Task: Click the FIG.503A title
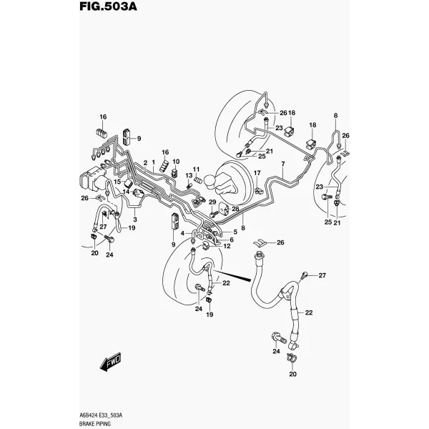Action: coord(108,6)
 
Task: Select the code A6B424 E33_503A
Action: coord(101,416)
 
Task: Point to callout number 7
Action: coord(283,164)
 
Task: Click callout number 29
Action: coord(212,202)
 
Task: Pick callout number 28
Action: coord(235,209)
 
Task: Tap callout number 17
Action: coord(257,173)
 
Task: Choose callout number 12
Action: coord(227,246)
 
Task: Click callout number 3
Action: coord(135,220)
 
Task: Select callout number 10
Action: coord(176,162)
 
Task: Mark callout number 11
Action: coord(196,169)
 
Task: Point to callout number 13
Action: coord(189,175)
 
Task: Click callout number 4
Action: coord(182,233)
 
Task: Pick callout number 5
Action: coord(235,232)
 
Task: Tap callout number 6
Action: coord(232,240)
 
